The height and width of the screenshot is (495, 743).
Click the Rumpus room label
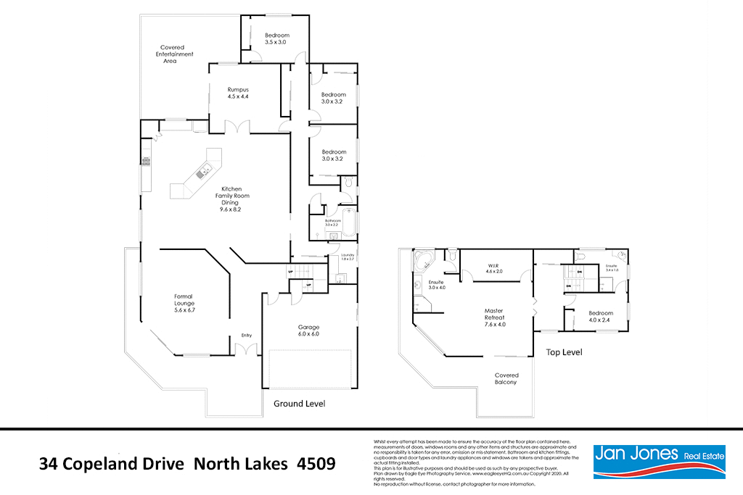238,93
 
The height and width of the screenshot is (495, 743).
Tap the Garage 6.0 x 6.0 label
308,330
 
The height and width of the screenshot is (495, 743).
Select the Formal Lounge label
185,303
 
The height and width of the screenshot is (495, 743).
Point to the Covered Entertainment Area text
177,54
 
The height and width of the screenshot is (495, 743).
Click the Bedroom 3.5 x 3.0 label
276,39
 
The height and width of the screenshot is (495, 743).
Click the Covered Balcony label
506,378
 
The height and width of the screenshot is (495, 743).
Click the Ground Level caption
298,404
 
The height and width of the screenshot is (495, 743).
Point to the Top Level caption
564,352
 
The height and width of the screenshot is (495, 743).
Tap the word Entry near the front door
247,335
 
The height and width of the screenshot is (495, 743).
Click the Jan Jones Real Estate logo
659,461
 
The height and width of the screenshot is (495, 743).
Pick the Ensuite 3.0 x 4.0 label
436,285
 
